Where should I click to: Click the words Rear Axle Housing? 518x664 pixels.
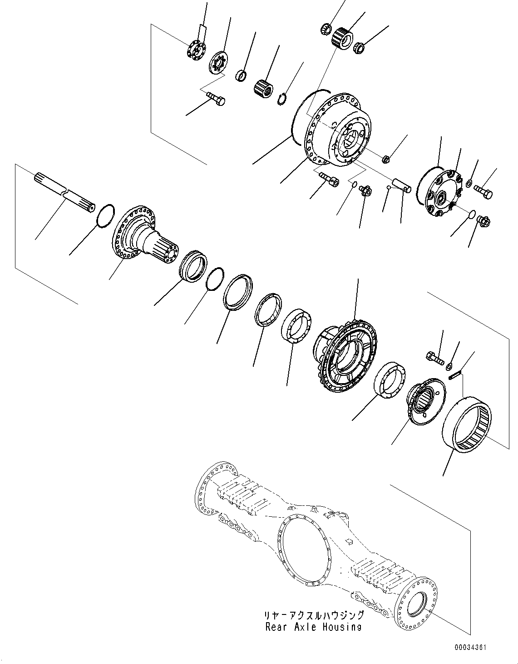pos(313,627)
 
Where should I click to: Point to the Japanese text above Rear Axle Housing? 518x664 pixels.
pos(314,615)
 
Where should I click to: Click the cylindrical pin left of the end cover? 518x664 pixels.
pos(402,184)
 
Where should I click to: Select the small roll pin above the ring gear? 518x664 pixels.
pos(456,374)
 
